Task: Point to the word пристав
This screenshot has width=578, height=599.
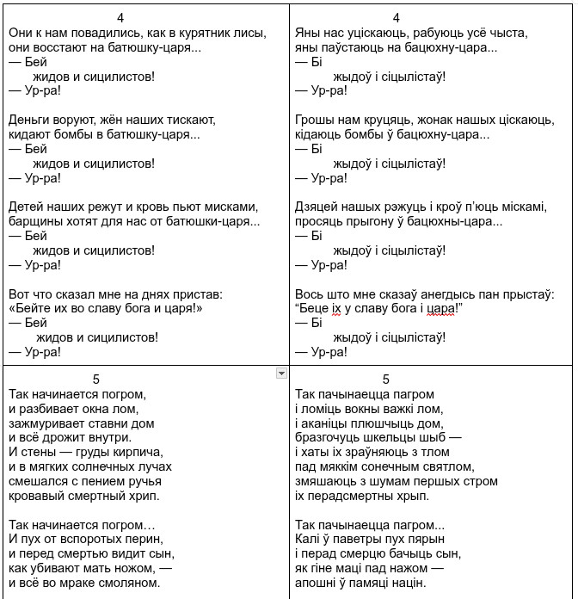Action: click(x=196, y=293)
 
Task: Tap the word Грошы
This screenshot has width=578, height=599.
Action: click(x=315, y=119)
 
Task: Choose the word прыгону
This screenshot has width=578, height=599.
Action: click(x=378, y=221)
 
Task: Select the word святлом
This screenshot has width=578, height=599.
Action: click(x=448, y=466)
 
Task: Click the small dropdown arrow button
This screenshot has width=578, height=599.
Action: click(x=280, y=373)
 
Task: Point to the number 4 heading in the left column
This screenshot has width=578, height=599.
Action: click(x=120, y=17)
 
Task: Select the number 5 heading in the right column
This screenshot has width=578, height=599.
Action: click(x=385, y=380)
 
